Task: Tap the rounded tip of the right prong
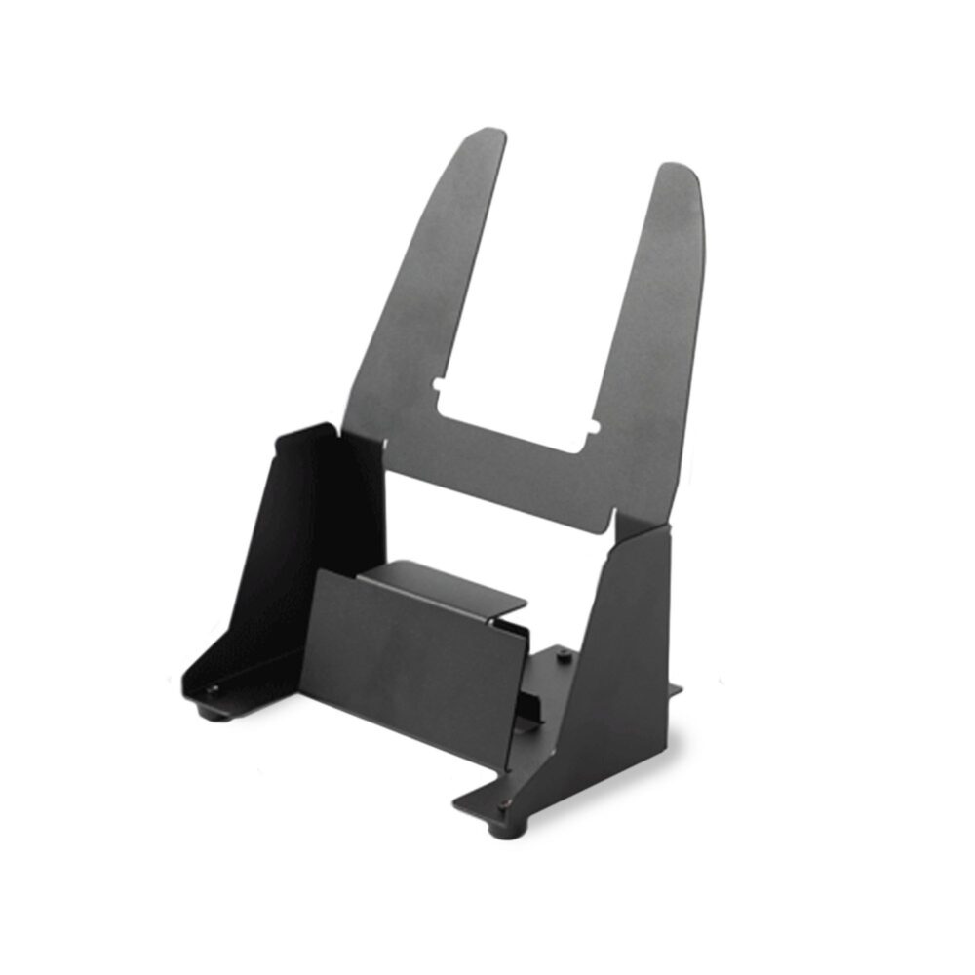point(679,173)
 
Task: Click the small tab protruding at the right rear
point(675,690)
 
